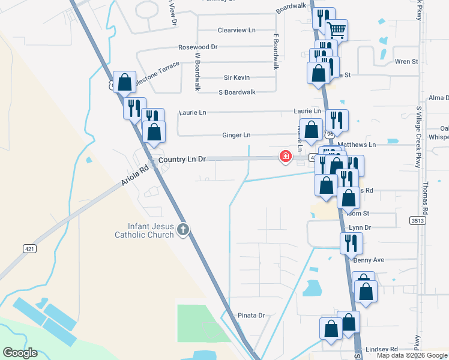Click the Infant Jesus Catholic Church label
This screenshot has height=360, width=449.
point(144,230)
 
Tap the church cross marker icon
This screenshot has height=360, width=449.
point(183,229)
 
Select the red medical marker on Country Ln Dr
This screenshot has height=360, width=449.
point(285,157)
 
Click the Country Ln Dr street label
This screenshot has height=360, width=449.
point(182,159)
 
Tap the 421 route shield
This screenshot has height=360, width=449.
point(29,248)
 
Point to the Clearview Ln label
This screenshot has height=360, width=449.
point(237,29)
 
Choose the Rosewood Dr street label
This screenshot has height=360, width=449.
point(197,47)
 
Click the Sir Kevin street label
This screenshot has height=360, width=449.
point(237,77)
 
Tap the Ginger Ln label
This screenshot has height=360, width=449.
point(236,136)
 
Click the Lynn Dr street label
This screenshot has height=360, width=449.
point(360,228)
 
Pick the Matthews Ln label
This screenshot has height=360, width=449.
point(357,145)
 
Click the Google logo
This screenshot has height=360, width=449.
point(20,353)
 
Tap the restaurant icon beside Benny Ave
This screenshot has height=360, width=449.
point(350,243)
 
